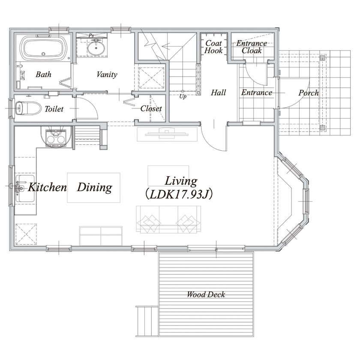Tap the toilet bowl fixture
click(27, 108)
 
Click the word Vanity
click(107, 75)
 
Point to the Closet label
click(151, 108)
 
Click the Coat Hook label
click(213, 47)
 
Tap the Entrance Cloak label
click(252, 47)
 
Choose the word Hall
click(218, 93)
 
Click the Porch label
click(309, 93)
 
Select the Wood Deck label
click(206, 294)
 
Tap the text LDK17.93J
click(179, 194)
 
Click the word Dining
click(94, 187)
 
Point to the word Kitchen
click(47, 187)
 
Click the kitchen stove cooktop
click(56, 138)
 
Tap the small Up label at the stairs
click(183, 96)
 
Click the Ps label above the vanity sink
click(91, 35)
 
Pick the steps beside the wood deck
click(147, 321)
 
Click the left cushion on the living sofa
click(149, 223)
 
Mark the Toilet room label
click(54, 108)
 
